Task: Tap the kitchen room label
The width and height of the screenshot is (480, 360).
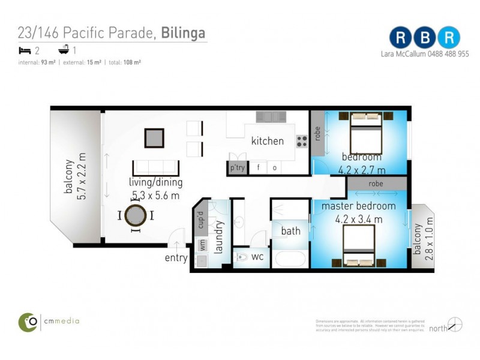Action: [267, 141]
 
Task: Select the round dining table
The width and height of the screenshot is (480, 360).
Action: [137, 215]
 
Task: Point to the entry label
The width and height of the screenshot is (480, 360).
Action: [176, 259]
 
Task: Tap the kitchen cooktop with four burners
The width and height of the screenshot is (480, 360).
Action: [302, 141]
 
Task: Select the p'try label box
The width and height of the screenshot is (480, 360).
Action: [238, 168]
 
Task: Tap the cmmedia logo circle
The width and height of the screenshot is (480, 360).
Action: [28, 322]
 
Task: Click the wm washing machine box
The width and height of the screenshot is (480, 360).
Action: [202, 245]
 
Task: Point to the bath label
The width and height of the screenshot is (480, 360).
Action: [290, 230]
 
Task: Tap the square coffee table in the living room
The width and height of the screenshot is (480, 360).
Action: [154, 139]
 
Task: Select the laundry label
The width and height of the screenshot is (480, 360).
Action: [219, 237]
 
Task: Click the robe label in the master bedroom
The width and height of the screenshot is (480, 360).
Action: [376, 184]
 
